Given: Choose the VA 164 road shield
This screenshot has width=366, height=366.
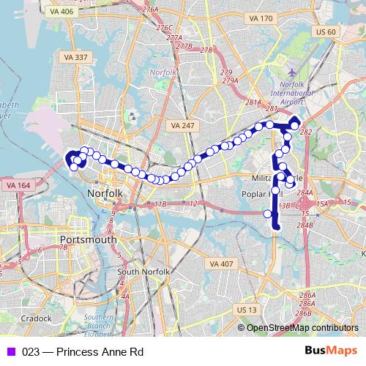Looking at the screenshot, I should point(18,186).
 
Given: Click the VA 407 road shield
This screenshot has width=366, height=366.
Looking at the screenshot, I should point(220,264).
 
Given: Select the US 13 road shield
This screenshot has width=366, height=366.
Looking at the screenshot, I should point(247,310).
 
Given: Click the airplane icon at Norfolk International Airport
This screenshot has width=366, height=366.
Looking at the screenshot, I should point(294,74).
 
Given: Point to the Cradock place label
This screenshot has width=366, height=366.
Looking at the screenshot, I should point(36,318).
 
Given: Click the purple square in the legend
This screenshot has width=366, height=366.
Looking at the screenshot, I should point(11,351).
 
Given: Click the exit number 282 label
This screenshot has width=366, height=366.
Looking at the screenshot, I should point(306,132).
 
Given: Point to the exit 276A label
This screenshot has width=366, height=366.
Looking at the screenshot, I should point(151,10).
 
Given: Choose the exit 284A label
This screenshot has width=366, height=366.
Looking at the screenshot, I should point(305,193).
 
